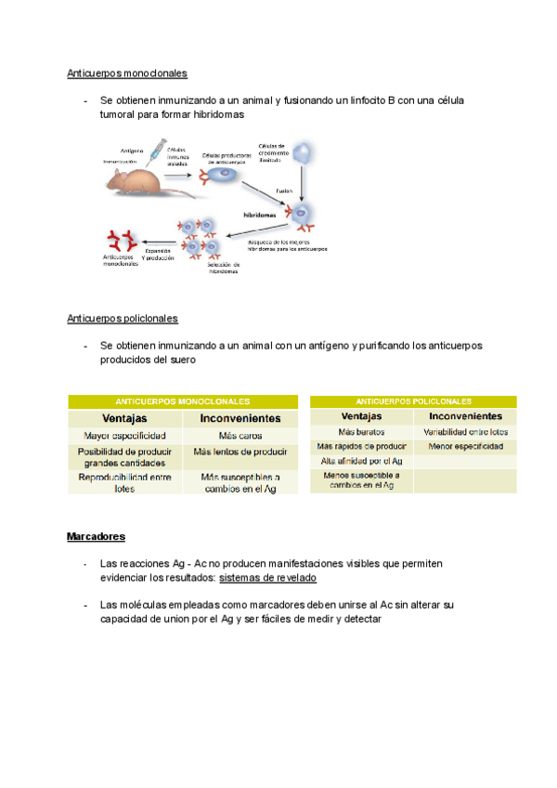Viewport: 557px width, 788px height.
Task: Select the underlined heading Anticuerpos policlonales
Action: pyautogui.click(x=123, y=319)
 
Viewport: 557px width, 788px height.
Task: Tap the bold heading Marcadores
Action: pyautogui.click(x=96, y=537)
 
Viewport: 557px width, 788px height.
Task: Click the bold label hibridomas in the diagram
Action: pyautogui.click(x=261, y=214)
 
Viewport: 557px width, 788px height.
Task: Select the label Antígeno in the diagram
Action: pyautogui.click(x=132, y=150)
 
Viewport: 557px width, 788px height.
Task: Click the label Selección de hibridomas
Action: pyautogui.click(x=224, y=268)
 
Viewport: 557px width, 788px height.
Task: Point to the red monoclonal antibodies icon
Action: pyautogui.click(x=118, y=240)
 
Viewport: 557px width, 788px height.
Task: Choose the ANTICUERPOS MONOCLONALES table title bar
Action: pyautogui.click(x=183, y=401)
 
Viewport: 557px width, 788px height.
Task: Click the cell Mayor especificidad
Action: pyautogui.click(x=124, y=435)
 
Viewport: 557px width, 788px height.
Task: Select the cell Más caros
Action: pyautogui.click(x=240, y=435)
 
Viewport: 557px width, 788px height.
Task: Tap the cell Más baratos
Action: pyautogui.click(x=361, y=432)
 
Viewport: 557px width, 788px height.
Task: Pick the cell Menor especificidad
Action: pyautogui.click(x=466, y=447)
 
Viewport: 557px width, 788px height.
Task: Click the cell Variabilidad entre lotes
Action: pyautogui.click(x=466, y=432)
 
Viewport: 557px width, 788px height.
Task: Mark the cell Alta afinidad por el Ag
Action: pyautogui.click(x=361, y=461)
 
